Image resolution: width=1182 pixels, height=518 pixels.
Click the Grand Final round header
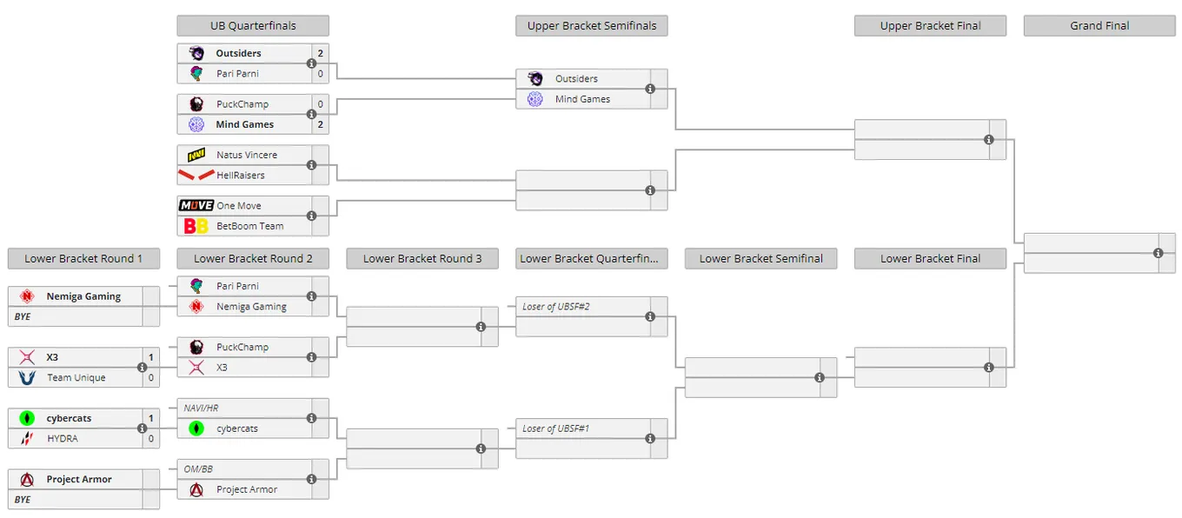1099,26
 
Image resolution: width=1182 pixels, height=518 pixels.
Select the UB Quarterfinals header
253,26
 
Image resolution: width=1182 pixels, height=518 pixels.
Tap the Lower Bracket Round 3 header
422,258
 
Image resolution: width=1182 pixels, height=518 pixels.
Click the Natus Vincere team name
247,155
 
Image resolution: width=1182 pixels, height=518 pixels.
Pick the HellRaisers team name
241,175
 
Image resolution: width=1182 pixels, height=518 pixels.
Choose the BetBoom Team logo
196,226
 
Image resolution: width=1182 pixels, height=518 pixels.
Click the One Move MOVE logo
196,205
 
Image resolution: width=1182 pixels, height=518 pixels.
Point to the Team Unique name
76,378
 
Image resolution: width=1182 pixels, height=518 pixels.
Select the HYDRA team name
63,438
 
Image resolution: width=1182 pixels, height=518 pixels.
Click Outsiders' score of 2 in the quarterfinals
321,53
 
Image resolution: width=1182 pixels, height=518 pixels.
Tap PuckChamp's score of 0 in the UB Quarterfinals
321,104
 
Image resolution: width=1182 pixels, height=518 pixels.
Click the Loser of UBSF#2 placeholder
555,307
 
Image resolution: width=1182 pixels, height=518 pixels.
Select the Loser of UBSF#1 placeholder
555,428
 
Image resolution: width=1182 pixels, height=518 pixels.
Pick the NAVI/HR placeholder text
201,408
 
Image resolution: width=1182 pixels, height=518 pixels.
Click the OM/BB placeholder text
198,469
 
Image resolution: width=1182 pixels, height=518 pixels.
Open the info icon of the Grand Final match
1159,253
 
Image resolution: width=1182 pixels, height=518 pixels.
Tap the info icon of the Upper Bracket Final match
989,140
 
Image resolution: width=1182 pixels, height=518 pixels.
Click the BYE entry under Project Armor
23,500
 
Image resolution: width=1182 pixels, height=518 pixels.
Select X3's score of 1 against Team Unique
151,357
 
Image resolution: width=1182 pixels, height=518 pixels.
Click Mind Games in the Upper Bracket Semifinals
582,99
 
